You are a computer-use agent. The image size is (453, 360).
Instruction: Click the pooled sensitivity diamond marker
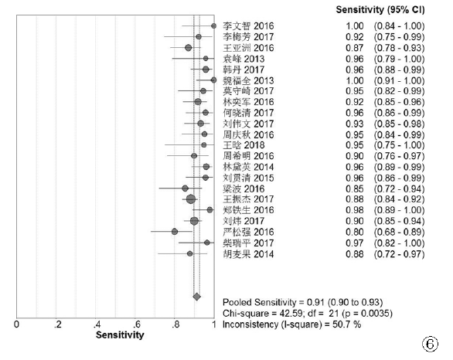pos(197,297)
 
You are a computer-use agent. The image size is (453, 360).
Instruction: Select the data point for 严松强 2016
pos(175,232)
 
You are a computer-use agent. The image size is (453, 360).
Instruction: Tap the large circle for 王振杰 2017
pos(191,199)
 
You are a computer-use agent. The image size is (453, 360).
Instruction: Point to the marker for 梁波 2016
pos(186,188)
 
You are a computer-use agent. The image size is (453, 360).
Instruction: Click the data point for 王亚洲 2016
pos(189,48)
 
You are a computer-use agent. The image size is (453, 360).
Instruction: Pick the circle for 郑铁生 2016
pos(209,210)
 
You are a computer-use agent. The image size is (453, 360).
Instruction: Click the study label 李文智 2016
pos(248,26)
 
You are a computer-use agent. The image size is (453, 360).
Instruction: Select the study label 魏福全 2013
pos(248,80)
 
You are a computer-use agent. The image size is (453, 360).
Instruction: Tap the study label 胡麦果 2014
pos(248,254)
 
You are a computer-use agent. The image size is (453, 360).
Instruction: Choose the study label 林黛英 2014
pos(248,167)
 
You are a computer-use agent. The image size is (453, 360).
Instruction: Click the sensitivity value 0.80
pos(355,232)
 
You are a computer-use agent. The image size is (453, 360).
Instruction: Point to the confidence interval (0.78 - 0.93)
pos(399,48)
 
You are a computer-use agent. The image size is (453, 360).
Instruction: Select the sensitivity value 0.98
pos(355,210)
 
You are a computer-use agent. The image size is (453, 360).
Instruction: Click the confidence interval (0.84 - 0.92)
pos(399,199)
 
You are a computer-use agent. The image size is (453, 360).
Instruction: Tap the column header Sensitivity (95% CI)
pos(380,10)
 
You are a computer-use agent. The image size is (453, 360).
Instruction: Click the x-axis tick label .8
pos(175,324)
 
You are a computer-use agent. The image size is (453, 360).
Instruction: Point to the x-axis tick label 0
pos(16,324)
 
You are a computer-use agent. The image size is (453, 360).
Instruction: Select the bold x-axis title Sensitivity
pos(120,335)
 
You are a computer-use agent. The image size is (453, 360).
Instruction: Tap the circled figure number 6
pos(430,344)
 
